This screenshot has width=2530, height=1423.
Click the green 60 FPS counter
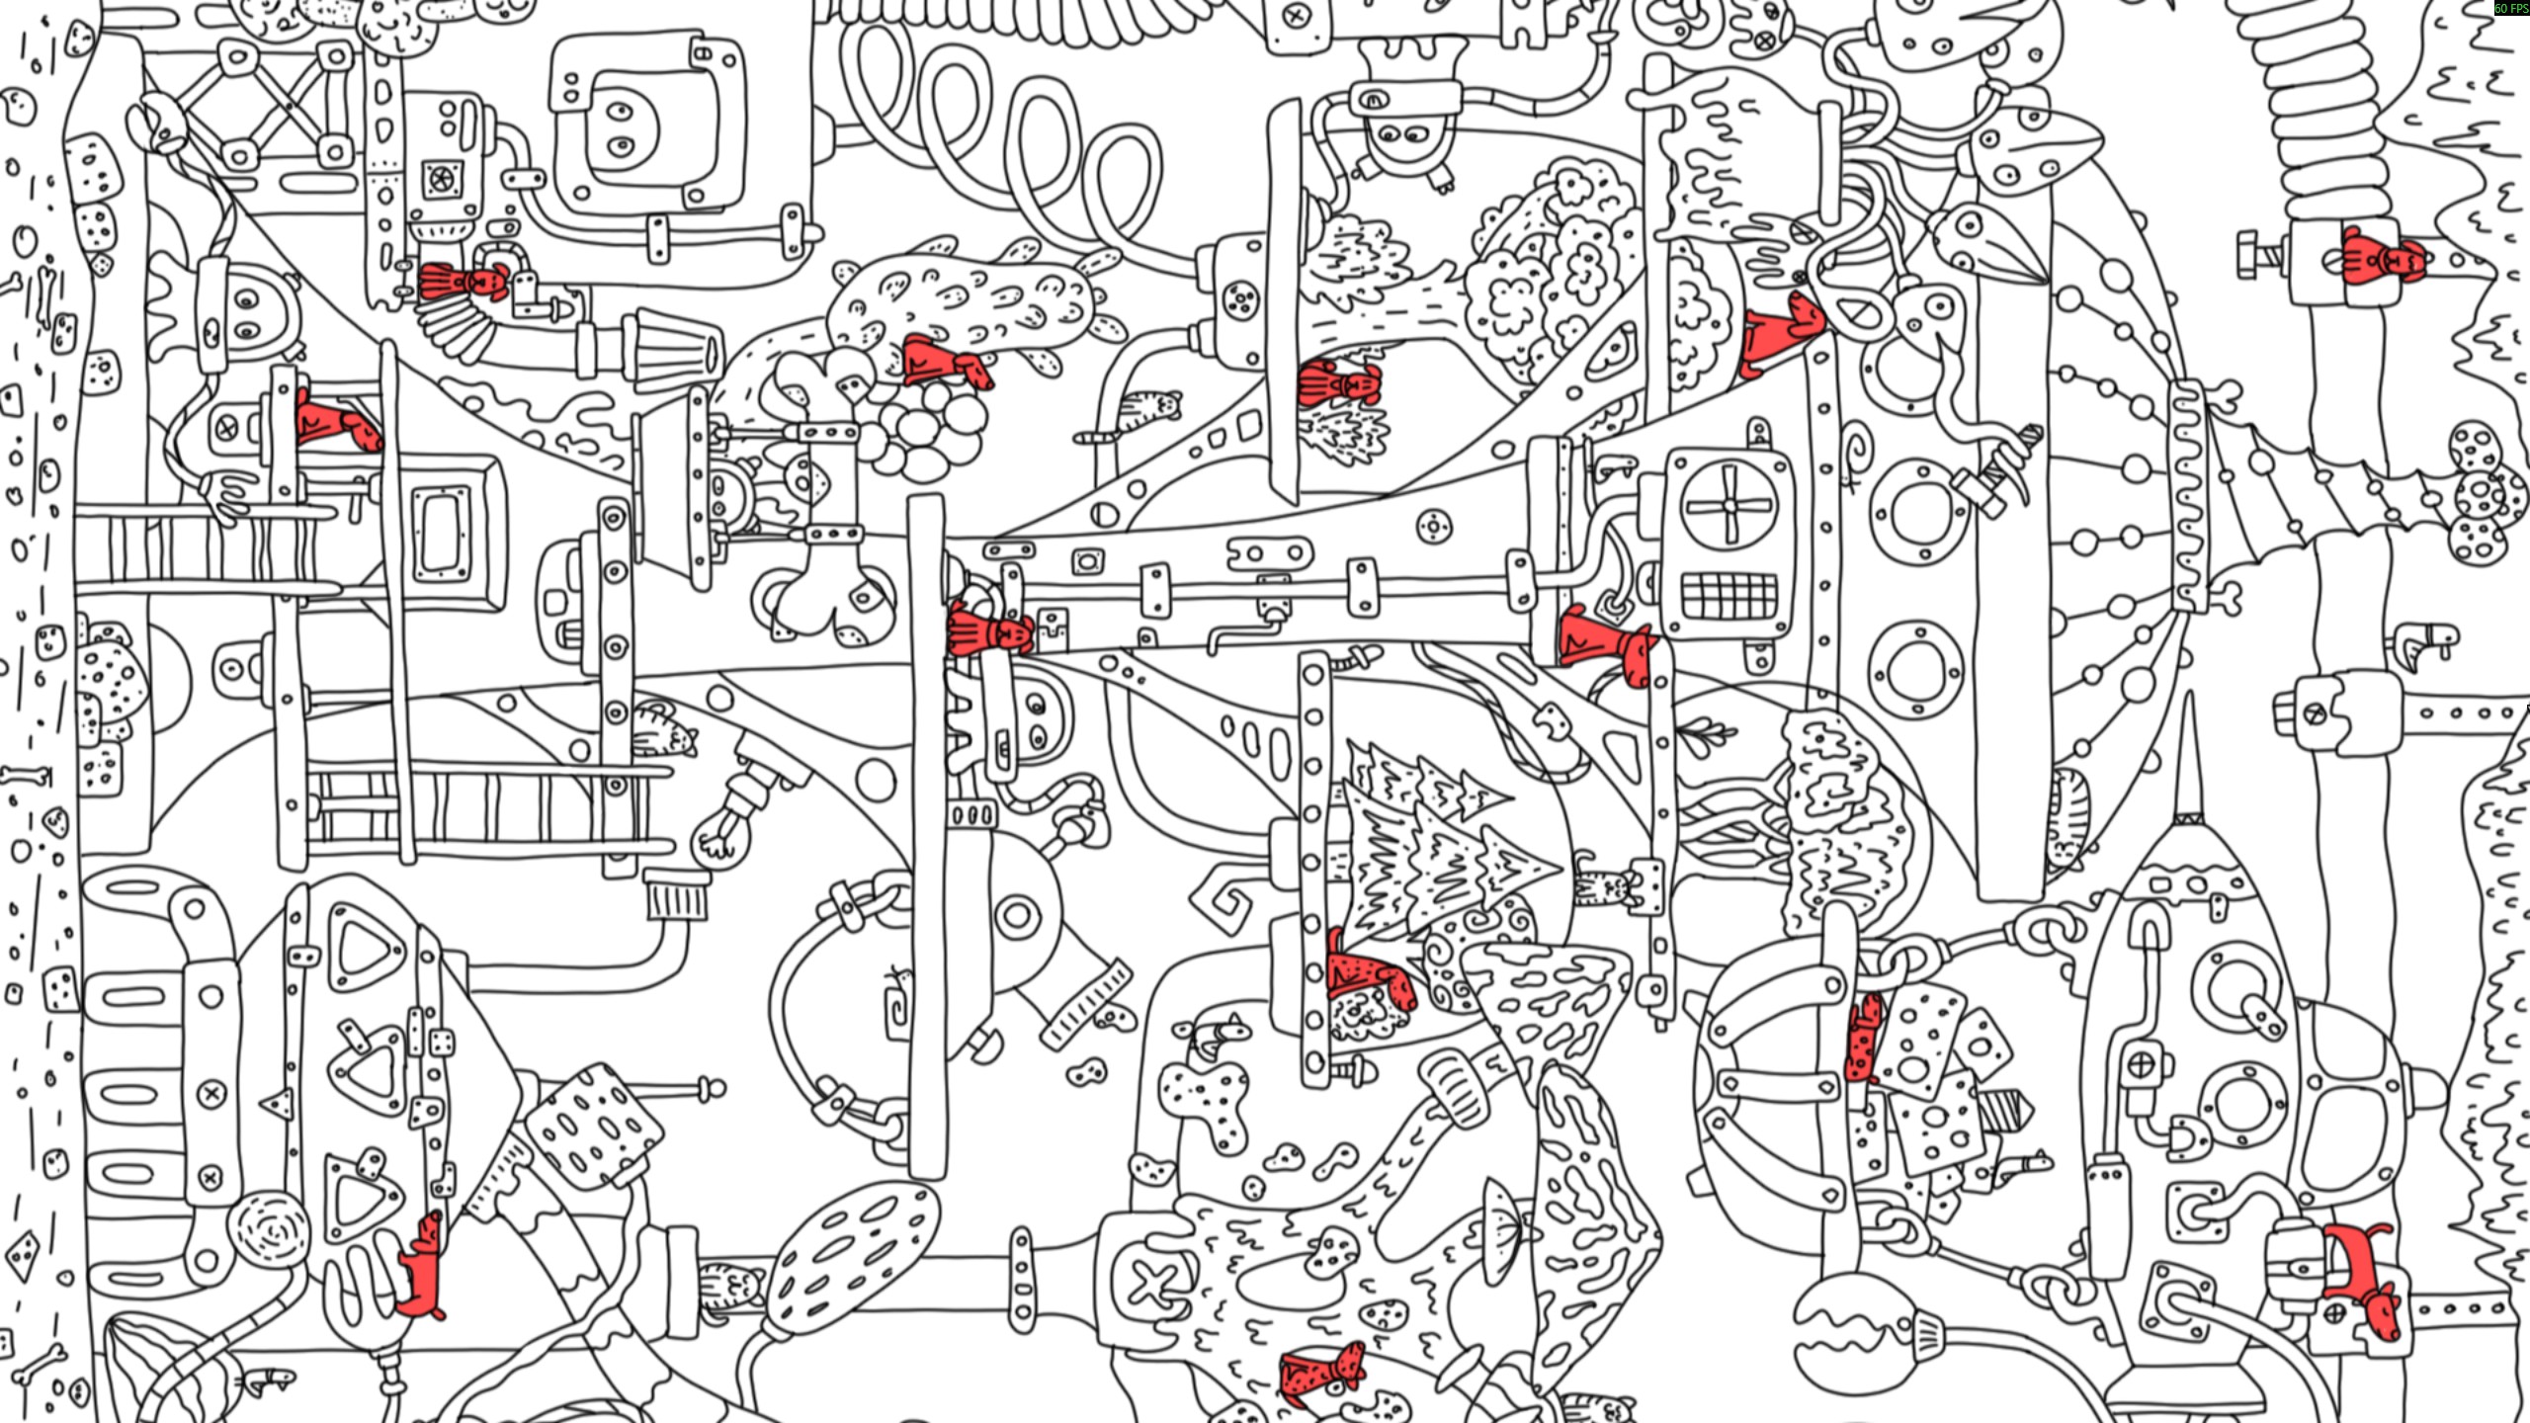coord(2510,8)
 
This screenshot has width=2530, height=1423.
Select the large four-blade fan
coord(1729,505)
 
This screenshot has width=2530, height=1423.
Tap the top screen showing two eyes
coord(647,133)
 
